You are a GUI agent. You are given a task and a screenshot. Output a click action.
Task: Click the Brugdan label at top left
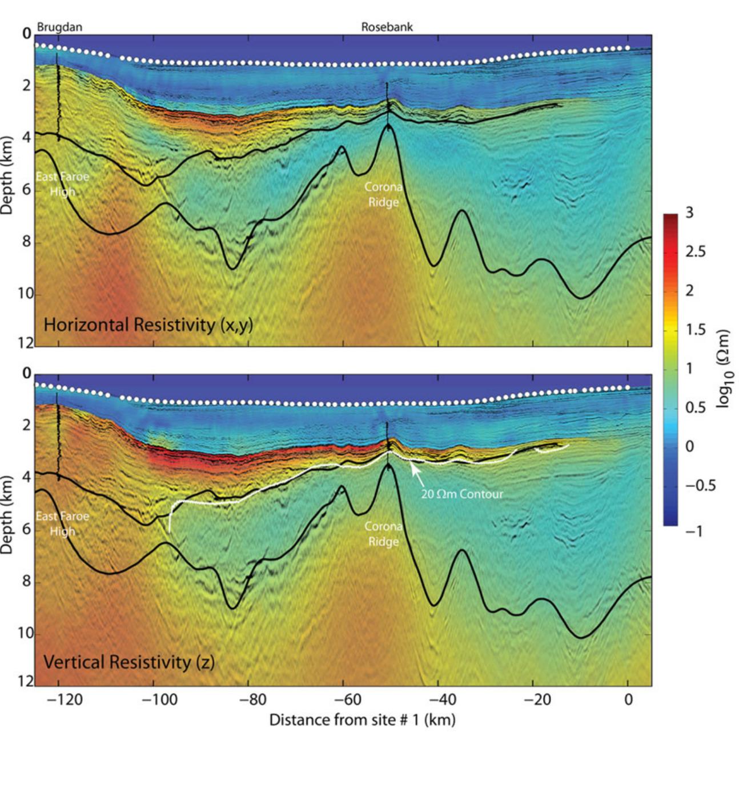[x=59, y=27]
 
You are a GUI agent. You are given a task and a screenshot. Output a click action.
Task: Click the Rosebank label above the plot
[x=387, y=27]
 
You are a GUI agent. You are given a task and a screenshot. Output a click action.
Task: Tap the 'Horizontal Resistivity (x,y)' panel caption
[x=148, y=325]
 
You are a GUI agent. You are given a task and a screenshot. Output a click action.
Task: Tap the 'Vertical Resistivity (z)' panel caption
[x=128, y=662]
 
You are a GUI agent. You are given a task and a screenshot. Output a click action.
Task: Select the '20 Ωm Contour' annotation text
[x=461, y=494]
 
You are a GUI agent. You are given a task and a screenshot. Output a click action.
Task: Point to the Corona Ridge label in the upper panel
[x=383, y=194]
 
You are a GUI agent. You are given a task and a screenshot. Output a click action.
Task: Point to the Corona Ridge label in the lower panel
[x=383, y=534]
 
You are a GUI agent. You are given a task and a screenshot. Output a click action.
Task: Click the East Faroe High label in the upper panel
[x=62, y=184]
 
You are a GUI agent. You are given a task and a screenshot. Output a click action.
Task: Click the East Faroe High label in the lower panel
[x=62, y=523]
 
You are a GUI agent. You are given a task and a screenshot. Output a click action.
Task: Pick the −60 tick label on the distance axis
[x=343, y=699]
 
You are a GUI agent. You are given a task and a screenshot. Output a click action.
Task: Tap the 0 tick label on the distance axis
[x=628, y=699]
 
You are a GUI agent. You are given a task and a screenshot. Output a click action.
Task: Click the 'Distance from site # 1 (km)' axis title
[x=362, y=719]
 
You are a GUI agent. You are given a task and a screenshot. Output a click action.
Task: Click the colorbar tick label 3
[x=689, y=213]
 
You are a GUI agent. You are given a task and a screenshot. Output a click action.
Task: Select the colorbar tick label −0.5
[x=700, y=486]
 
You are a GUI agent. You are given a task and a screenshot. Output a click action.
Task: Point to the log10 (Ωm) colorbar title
[x=724, y=369]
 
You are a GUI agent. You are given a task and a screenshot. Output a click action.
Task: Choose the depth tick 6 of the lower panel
[x=27, y=529]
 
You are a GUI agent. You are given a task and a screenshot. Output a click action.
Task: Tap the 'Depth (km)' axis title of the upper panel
[x=7, y=175]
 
